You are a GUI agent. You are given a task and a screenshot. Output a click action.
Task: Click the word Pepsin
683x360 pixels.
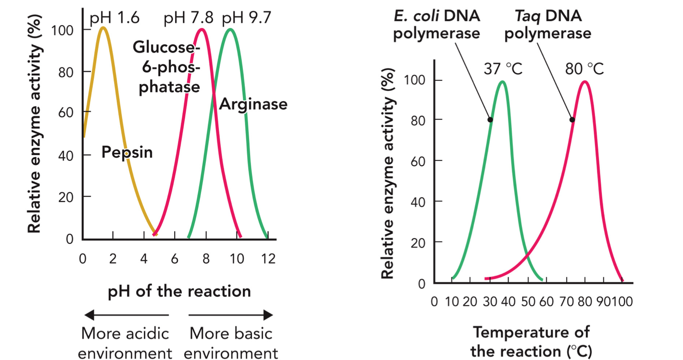[x=127, y=153]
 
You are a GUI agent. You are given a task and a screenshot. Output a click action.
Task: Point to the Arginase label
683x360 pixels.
[x=253, y=104]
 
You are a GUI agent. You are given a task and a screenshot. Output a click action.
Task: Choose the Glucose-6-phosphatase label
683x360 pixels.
[x=166, y=67]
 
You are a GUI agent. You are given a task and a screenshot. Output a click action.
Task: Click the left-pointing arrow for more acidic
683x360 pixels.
[x=126, y=316]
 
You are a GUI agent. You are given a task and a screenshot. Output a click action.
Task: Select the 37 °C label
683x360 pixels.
[x=503, y=69]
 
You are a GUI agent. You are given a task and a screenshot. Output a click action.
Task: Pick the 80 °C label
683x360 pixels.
[x=584, y=69]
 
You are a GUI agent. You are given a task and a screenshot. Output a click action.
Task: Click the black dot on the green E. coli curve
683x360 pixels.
[x=490, y=120]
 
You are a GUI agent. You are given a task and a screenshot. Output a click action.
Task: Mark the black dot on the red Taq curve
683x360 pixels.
[x=572, y=120]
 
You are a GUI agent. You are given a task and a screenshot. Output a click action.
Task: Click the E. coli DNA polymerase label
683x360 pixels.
[x=437, y=25]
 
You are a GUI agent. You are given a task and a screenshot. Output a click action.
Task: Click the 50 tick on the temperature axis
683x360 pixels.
[x=528, y=302]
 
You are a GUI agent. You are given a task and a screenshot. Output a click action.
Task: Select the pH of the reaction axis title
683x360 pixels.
[x=178, y=292]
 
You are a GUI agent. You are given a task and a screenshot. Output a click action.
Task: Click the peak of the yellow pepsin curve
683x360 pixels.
[x=103, y=27]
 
